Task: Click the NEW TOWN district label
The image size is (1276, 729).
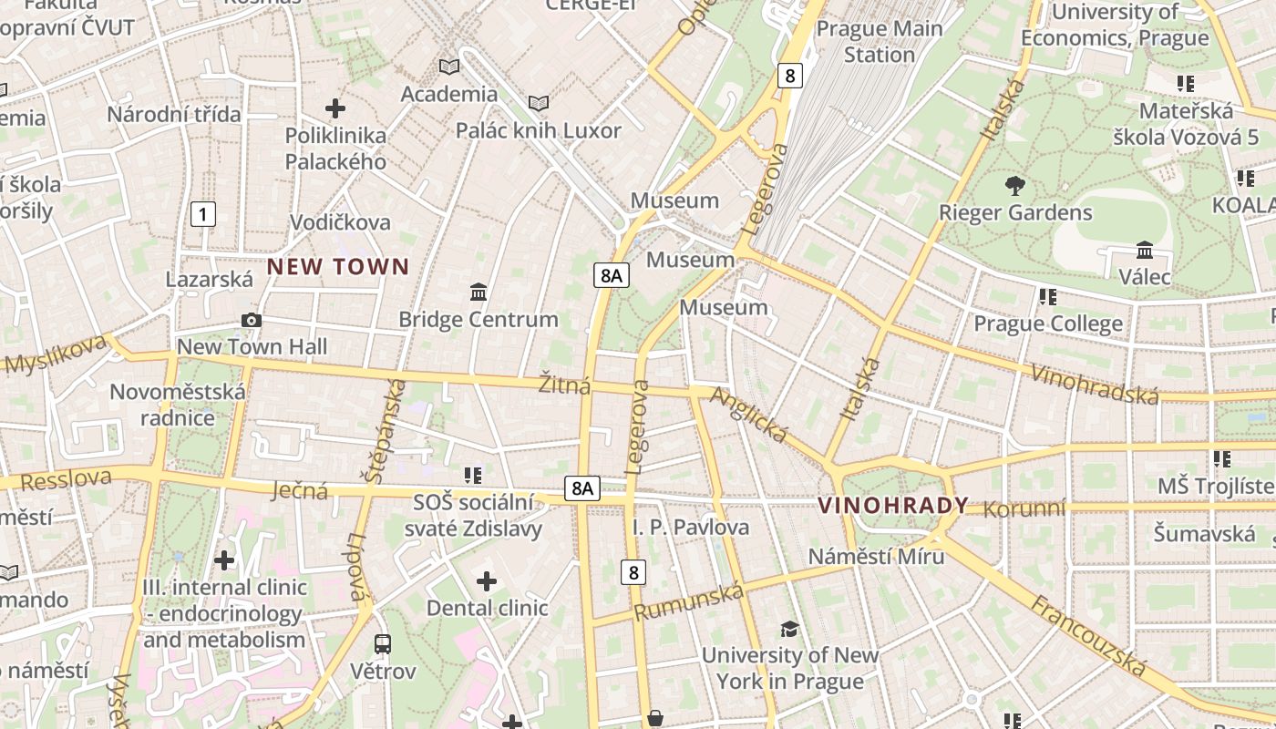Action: pyautogui.click(x=338, y=267)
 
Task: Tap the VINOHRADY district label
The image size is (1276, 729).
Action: pyautogui.click(x=893, y=506)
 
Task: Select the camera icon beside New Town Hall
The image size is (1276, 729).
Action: pyautogui.click(x=252, y=320)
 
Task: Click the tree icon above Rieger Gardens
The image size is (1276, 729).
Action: pyautogui.click(x=1014, y=187)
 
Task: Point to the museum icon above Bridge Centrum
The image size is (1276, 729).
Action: pyautogui.click(x=478, y=293)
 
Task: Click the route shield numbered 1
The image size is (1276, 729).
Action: pyautogui.click(x=203, y=215)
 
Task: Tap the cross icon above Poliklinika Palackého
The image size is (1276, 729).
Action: pyautogui.click(x=335, y=109)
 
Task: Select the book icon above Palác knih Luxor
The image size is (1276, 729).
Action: pyautogui.click(x=539, y=104)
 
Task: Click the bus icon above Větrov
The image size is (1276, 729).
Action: pyautogui.click(x=383, y=644)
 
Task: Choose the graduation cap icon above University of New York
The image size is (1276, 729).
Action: pyautogui.click(x=789, y=629)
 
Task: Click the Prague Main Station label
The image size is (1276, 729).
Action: pyautogui.click(x=879, y=41)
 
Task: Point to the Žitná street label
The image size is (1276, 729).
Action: pyautogui.click(x=565, y=385)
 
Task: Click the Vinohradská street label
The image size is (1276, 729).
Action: pyautogui.click(x=1095, y=384)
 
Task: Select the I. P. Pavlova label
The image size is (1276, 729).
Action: pyautogui.click(x=691, y=527)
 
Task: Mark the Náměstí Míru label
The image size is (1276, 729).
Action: pyautogui.click(x=877, y=555)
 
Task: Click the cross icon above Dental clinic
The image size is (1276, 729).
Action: pyautogui.click(x=488, y=580)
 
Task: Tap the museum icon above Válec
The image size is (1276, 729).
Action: pyautogui.click(x=1145, y=250)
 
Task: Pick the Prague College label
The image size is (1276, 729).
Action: pyautogui.click(x=1048, y=323)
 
